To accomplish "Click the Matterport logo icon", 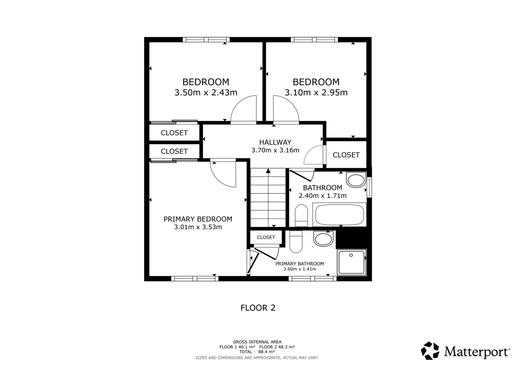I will [x=430, y=350].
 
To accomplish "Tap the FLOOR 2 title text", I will [x=258, y=308].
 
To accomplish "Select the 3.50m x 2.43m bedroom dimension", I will [x=206, y=92].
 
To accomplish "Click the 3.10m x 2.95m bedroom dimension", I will [x=316, y=92].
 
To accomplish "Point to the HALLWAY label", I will [x=275, y=142].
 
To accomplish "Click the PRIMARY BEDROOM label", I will [x=198, y=219].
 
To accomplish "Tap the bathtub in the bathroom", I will [x=340, y=215].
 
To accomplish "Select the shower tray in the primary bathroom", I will [x=351, y=262].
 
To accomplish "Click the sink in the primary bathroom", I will [x=323, y=239].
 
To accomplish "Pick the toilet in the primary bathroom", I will [x=296, y=242].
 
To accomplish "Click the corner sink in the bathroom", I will [x=356, y=180].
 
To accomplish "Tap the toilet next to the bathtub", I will [x=301, y=215].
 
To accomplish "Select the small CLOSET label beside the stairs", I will [x=266, y=237].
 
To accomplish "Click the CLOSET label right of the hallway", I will [x=346, y=155].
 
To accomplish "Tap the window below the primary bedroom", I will [x=194, y=279].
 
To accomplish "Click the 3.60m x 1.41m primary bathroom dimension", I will [x=299, y=269].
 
